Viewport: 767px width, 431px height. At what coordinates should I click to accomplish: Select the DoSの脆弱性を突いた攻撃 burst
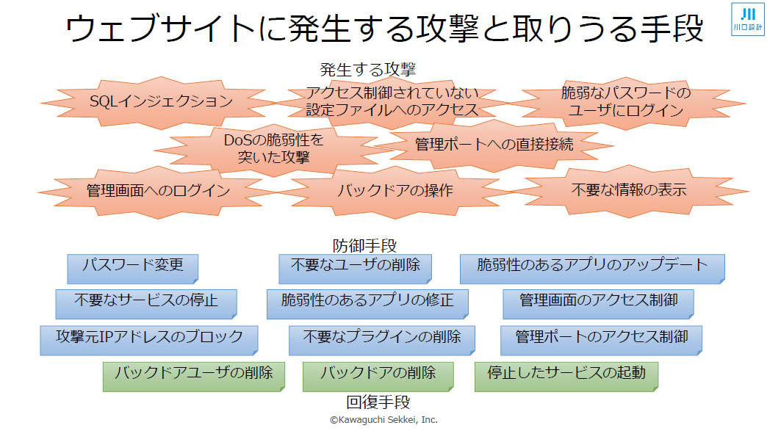[x=273, y=148]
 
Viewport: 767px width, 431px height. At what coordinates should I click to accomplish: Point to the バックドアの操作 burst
[x=395, y=191]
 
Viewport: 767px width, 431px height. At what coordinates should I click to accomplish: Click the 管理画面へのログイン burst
[x=157, y=192]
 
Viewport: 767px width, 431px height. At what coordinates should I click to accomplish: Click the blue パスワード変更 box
[x=132, y=269]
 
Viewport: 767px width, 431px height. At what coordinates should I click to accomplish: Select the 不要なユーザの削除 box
[x=355, y=269]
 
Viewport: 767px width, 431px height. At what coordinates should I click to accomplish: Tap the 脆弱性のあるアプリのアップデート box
[x=592, y=269]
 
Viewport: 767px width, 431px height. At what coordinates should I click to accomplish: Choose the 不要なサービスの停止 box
[x=146, y=304]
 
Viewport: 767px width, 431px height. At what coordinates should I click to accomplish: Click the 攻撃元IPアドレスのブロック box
[x=149, y=340]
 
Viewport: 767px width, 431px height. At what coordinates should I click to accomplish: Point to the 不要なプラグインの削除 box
[x=382, y=340]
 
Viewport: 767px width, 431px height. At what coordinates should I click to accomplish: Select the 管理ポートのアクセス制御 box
[x=601, y=340]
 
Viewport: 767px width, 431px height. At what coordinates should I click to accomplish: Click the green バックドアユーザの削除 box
[x=194, y=376]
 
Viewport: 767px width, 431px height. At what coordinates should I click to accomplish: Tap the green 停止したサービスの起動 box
[x=566, y=376]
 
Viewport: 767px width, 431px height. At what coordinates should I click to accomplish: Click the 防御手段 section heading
[x=364, y=245]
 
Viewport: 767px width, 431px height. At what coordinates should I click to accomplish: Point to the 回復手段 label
[x=378, y=402]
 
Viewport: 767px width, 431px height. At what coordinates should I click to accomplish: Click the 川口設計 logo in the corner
[x=747, y=19]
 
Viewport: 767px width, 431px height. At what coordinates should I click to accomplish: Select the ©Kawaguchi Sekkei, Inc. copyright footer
[x=383, y=420]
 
